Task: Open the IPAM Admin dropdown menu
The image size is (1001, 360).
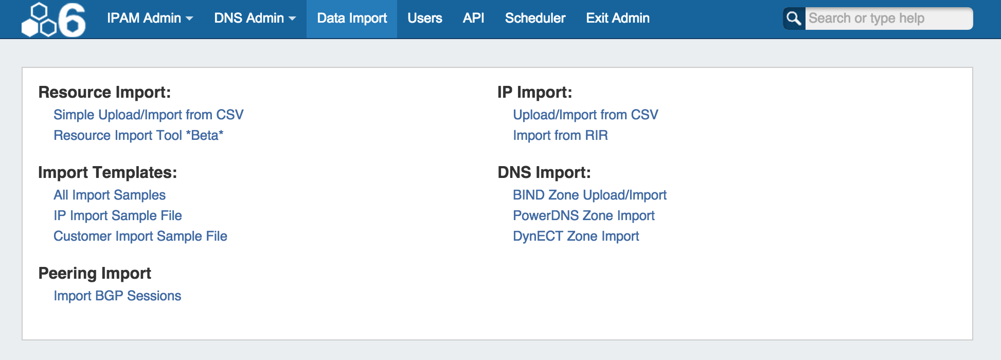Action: click(x=150, y=18)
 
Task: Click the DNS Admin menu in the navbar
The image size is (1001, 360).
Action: click(x=255, y=18)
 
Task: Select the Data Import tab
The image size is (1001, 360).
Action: click(x=352, y=19)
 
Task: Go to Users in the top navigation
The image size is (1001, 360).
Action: click(x=425, y=18)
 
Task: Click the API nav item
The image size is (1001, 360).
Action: click(x=473, y=18)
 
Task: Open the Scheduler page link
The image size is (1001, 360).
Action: click(x=535, y=18)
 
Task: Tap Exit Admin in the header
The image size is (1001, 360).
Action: click(x=618, y=18)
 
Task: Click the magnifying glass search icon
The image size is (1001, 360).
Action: click(x=794, y=19)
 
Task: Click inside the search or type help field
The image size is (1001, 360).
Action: click(x=888, y=19)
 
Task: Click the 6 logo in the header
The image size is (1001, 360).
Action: click(x=53, y=20)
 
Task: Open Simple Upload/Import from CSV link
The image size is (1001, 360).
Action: click(x=149, y=115)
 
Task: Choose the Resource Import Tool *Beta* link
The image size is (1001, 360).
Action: click(x=138, y=135)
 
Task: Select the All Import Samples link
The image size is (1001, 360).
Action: click(x=110, y=195)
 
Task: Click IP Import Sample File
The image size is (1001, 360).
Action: click(x=118, y=215)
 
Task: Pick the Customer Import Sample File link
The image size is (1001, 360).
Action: click(x=140, y=236)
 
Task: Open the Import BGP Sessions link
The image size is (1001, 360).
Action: click(x=117, y=296)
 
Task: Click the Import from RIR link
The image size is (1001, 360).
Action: click(x=560, y=135)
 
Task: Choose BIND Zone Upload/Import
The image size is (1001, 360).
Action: click(x=589, y=195)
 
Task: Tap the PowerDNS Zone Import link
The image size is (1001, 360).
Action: click(x=584, y=215)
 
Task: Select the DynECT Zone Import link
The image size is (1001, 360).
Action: click(x=576, y=236)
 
